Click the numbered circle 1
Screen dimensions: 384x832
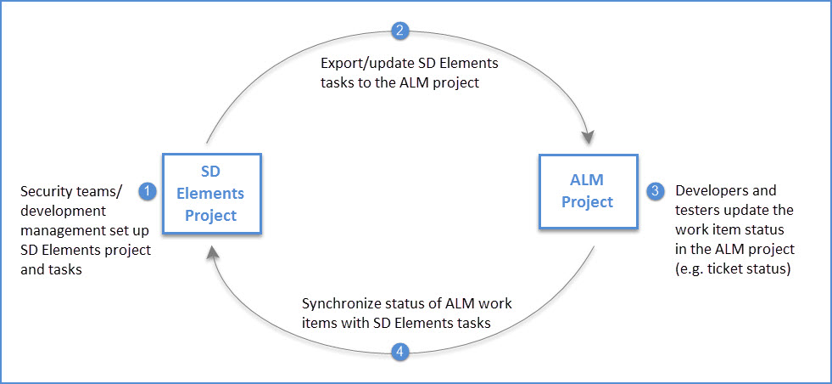[x=148, y=191]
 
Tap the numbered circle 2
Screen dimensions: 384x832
[x=401, y=31]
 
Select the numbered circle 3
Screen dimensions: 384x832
[x=655, y=191]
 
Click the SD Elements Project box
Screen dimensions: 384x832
[x=212, y=194]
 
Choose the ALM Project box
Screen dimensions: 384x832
[x=587, y=191]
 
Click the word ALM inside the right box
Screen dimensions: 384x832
[x=588, y=180]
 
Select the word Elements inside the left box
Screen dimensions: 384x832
[x=212, y=195]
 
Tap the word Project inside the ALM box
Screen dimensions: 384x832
[x=588, y=202]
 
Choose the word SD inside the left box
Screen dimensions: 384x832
[x=212, y=174]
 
